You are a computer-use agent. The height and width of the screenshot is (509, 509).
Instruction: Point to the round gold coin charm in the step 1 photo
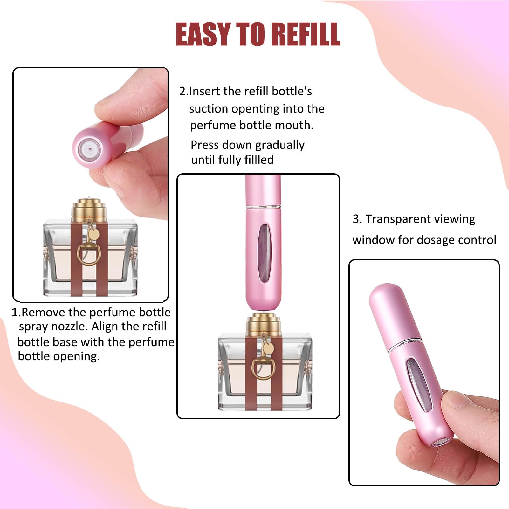click(x=94, y=234)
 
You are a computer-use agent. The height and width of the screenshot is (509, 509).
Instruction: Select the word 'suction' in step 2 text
click(x=209, y=109)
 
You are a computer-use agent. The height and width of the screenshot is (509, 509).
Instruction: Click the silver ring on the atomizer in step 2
click(x=264, y=207)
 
